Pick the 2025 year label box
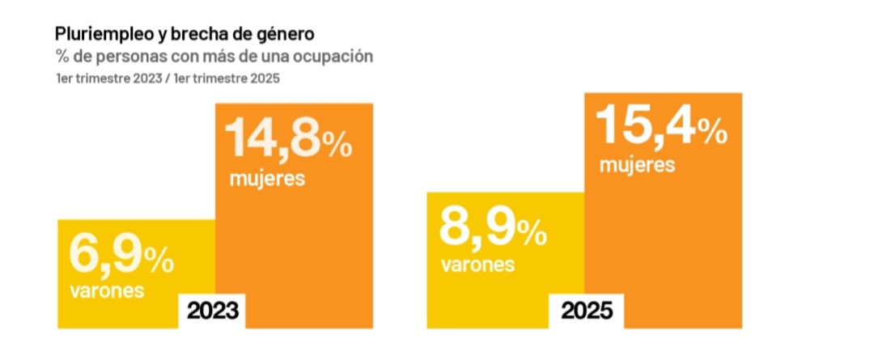pyautogui.click(x=587, y=311)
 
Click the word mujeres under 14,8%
pyautogui.click(x=267, y=178)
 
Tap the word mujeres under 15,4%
pyautogui.click(x=638, y=166)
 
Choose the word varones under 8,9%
pyautogui.click(x=477, y=265)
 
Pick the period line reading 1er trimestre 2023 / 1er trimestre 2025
pyautogui.click(x=168, y=78)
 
